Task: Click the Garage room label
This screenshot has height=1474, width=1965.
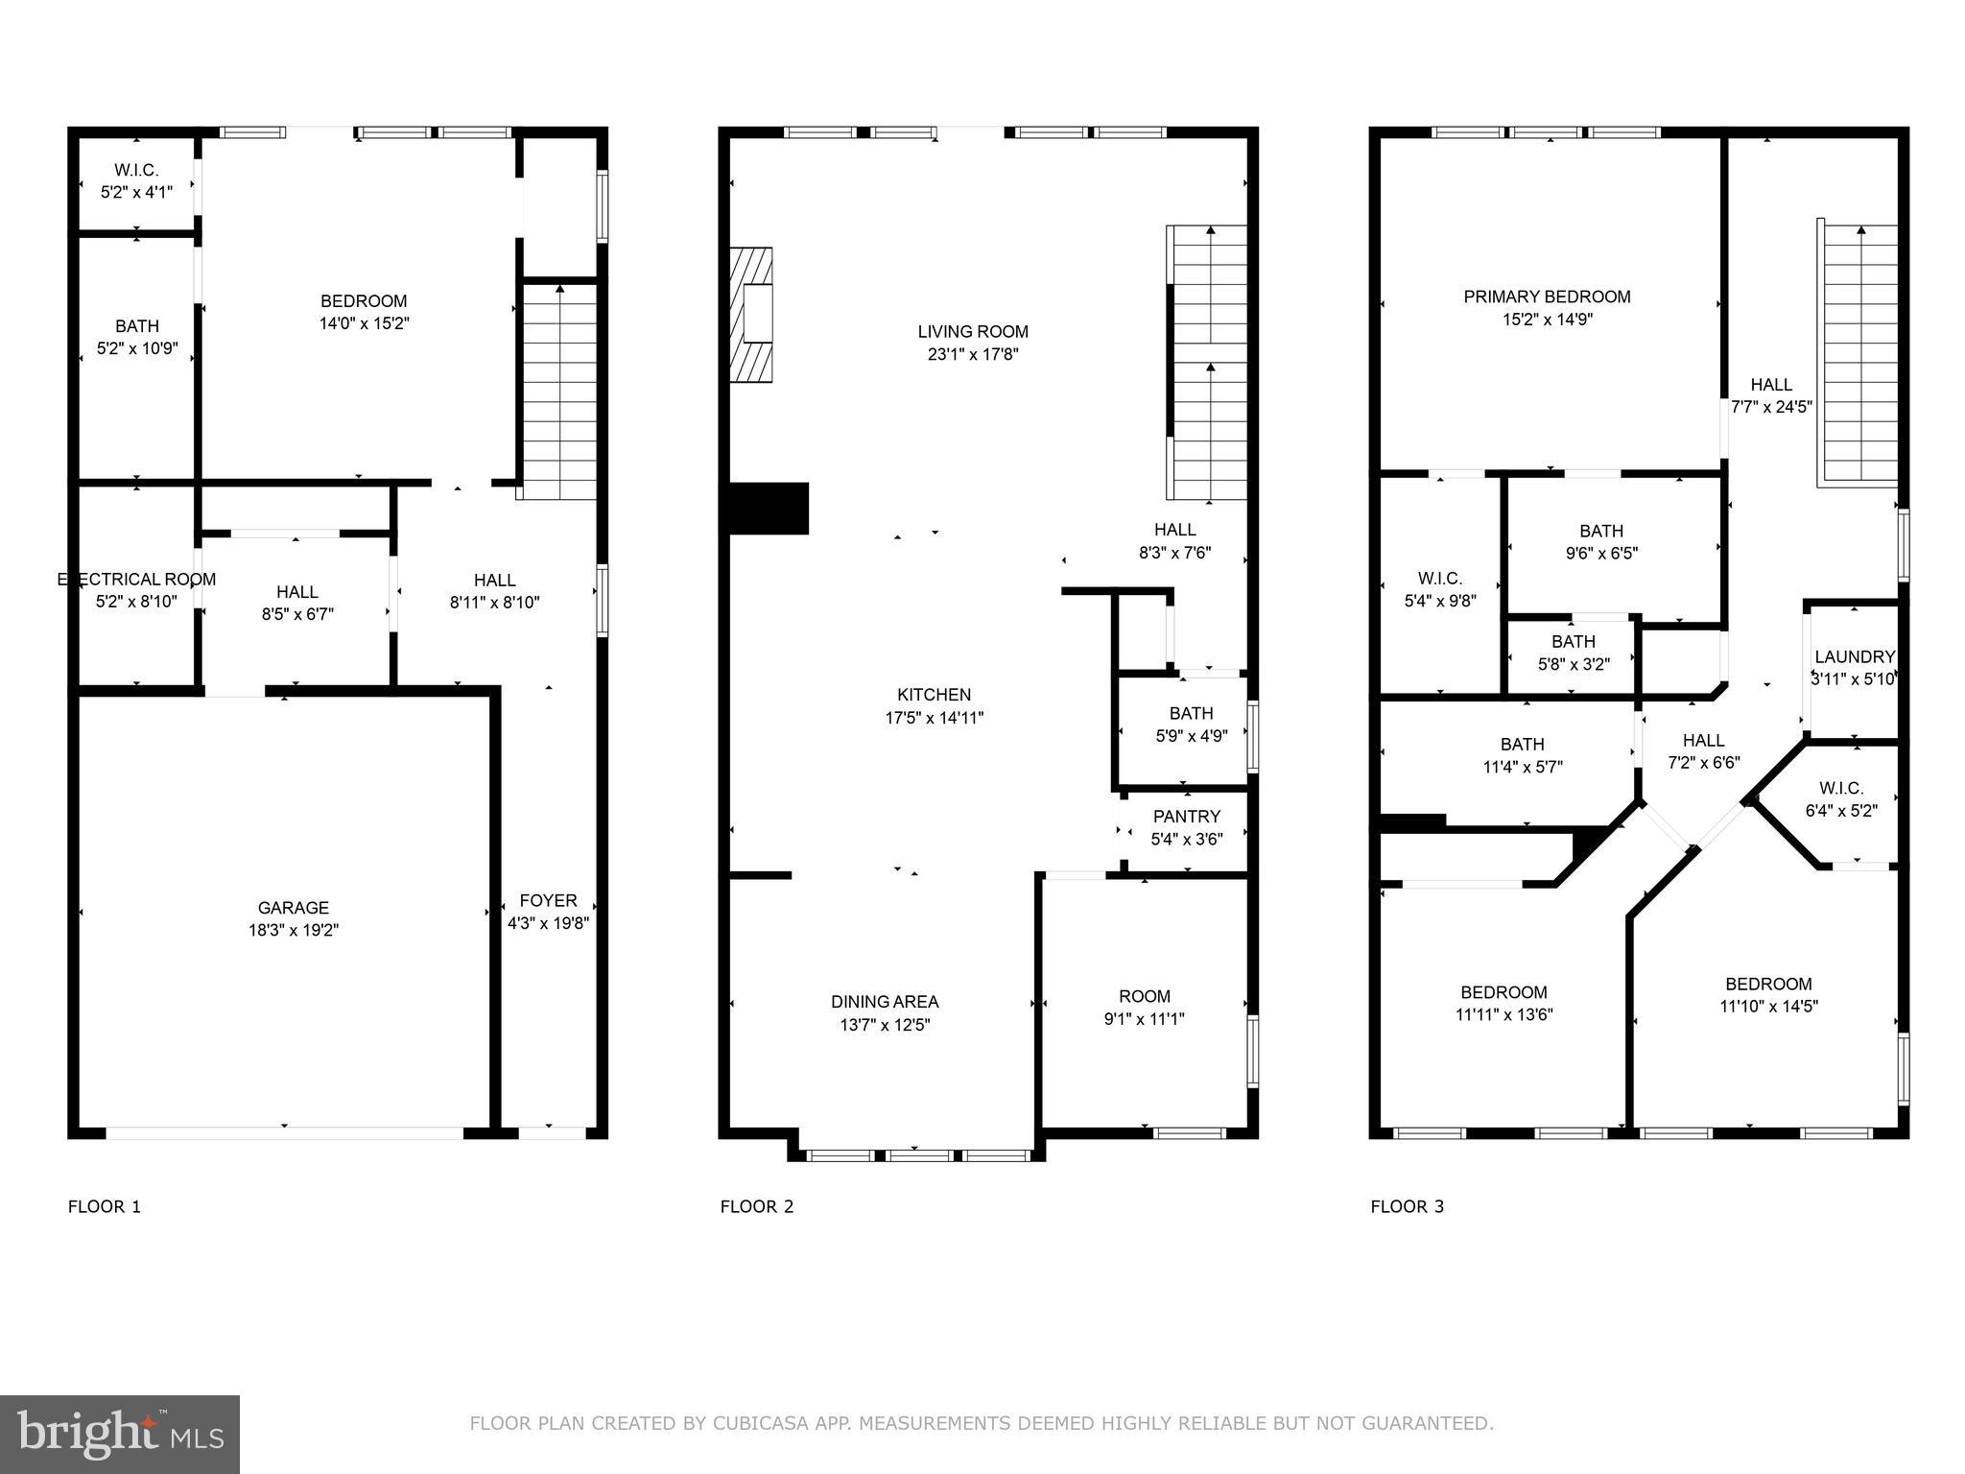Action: pos(293,907)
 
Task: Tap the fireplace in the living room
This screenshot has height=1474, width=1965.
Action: pos(751,316)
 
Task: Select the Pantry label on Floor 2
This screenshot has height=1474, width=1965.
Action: pos(1187,817)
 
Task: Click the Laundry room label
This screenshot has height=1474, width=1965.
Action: pos(1854,657)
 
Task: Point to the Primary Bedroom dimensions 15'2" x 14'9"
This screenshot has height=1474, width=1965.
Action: pos(1547,320)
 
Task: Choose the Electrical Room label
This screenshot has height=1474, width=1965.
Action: pos(136,580)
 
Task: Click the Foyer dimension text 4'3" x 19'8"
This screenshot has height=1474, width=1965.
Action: pos(548,923)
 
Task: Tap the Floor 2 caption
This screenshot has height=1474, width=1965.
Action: pos(757,1206)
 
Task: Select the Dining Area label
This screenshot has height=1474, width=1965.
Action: pos(884,1002)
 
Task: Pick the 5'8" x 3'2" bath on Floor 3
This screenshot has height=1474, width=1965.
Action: pos(1574,653)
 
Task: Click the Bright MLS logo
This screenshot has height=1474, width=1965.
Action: pos(120,1434)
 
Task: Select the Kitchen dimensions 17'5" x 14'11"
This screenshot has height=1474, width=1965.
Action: pos(934,717)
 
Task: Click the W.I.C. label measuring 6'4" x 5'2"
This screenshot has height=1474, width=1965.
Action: pos(1840,799)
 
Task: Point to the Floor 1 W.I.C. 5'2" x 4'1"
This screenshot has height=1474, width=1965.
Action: pos(136,180)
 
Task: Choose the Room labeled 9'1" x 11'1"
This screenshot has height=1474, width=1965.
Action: pos(1144,1008)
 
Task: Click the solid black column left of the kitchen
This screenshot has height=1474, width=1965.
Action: pos(769,508)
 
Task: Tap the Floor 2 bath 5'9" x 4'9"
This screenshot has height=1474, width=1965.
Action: pos(1190,725)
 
